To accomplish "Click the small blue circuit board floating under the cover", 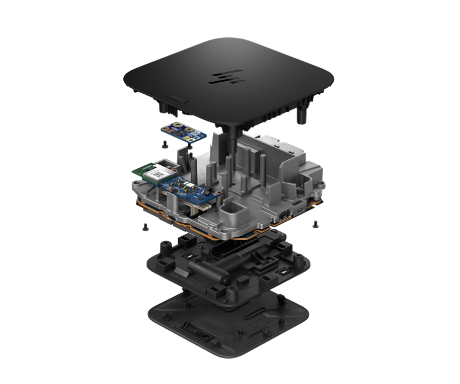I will [x=183, y=130].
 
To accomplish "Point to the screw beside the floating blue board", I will [x=164, y=145].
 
